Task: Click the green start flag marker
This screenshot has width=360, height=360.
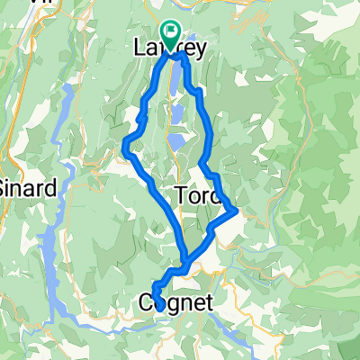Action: [x=171, y=30]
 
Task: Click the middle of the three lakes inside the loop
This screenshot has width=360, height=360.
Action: [x=177, y=114]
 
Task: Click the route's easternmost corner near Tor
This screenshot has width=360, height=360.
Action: [x=236, y=211]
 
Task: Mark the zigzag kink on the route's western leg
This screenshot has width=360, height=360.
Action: [x=141, y=117]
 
